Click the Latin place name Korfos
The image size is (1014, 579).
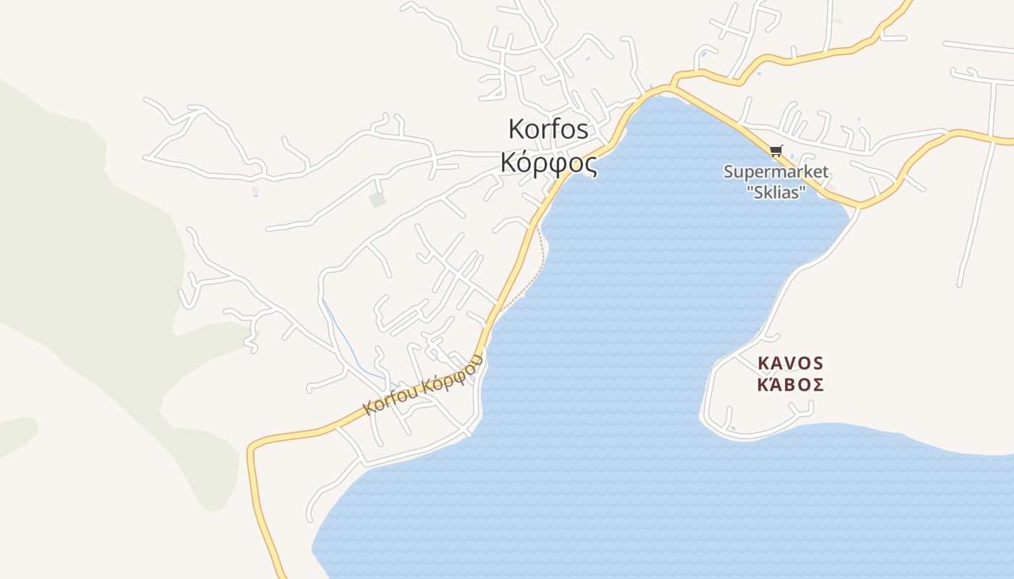pyautogui.click(x=548, y=130)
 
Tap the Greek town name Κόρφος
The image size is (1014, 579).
pyautogui.click(x=548, y=164)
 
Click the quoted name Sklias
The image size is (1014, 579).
pyautogui.click(x=776, y=190)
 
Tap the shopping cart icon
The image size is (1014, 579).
pyautogui.click(x=776, y=151)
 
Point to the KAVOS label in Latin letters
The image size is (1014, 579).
pyautogui.click(x=790, y=363)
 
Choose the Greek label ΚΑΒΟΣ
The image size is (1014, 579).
pyautogui.click(x=790, y=384)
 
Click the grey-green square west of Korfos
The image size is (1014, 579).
pyautogui.click(x=377, y=200)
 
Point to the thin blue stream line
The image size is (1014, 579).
pyautogui.click(x=348, y=340)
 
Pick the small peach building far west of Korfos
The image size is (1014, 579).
pyautogui.click(x=255, y=190)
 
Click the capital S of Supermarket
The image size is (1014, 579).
pyautogui.click(x=729, y=172)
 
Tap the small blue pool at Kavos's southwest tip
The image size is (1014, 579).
pyautogui.click(x=733, y=428)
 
